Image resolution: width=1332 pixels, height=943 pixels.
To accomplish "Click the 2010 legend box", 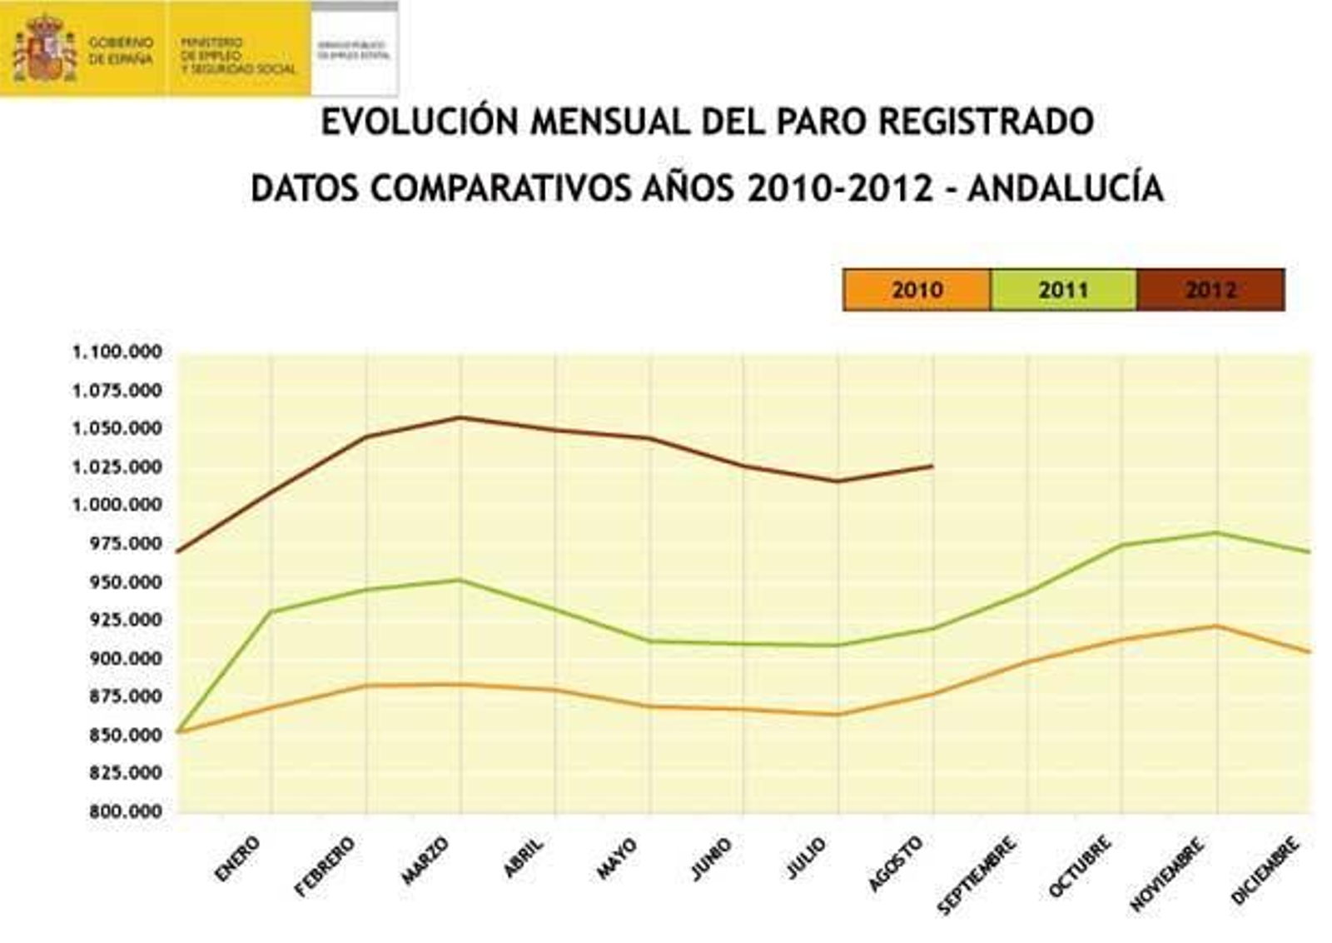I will [917, 290].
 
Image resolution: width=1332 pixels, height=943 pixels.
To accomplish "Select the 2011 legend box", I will [1063, 290].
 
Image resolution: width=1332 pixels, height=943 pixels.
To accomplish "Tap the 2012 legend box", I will [1210, 290].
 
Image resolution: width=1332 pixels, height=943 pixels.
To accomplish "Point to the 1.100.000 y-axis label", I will [117, 352].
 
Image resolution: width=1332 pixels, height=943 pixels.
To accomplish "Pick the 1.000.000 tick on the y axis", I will [117, 505].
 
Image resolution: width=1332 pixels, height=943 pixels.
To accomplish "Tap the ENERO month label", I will [237, 859].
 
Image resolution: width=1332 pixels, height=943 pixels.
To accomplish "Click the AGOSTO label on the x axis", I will [896, 863].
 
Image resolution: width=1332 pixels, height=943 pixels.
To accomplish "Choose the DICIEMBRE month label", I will [1265, 871].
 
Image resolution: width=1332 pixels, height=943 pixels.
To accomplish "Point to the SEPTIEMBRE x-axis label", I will [977, 875].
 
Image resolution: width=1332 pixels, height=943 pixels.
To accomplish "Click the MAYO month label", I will [618, 859].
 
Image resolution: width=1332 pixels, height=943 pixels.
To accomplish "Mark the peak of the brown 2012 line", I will [461, 417].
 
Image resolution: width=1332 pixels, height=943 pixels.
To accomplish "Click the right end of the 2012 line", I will [932, 467].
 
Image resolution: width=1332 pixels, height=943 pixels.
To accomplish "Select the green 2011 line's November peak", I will [1216, 532].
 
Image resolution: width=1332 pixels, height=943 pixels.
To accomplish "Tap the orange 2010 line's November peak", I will [1216, 626].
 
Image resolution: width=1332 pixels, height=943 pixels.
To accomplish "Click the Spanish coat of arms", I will [44, 47].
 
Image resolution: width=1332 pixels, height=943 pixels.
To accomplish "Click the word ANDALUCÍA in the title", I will [1066, 189].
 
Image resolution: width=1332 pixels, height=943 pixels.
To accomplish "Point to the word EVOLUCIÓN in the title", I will [420, 122].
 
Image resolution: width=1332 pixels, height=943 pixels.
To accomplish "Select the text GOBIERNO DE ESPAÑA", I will [121, 50].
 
